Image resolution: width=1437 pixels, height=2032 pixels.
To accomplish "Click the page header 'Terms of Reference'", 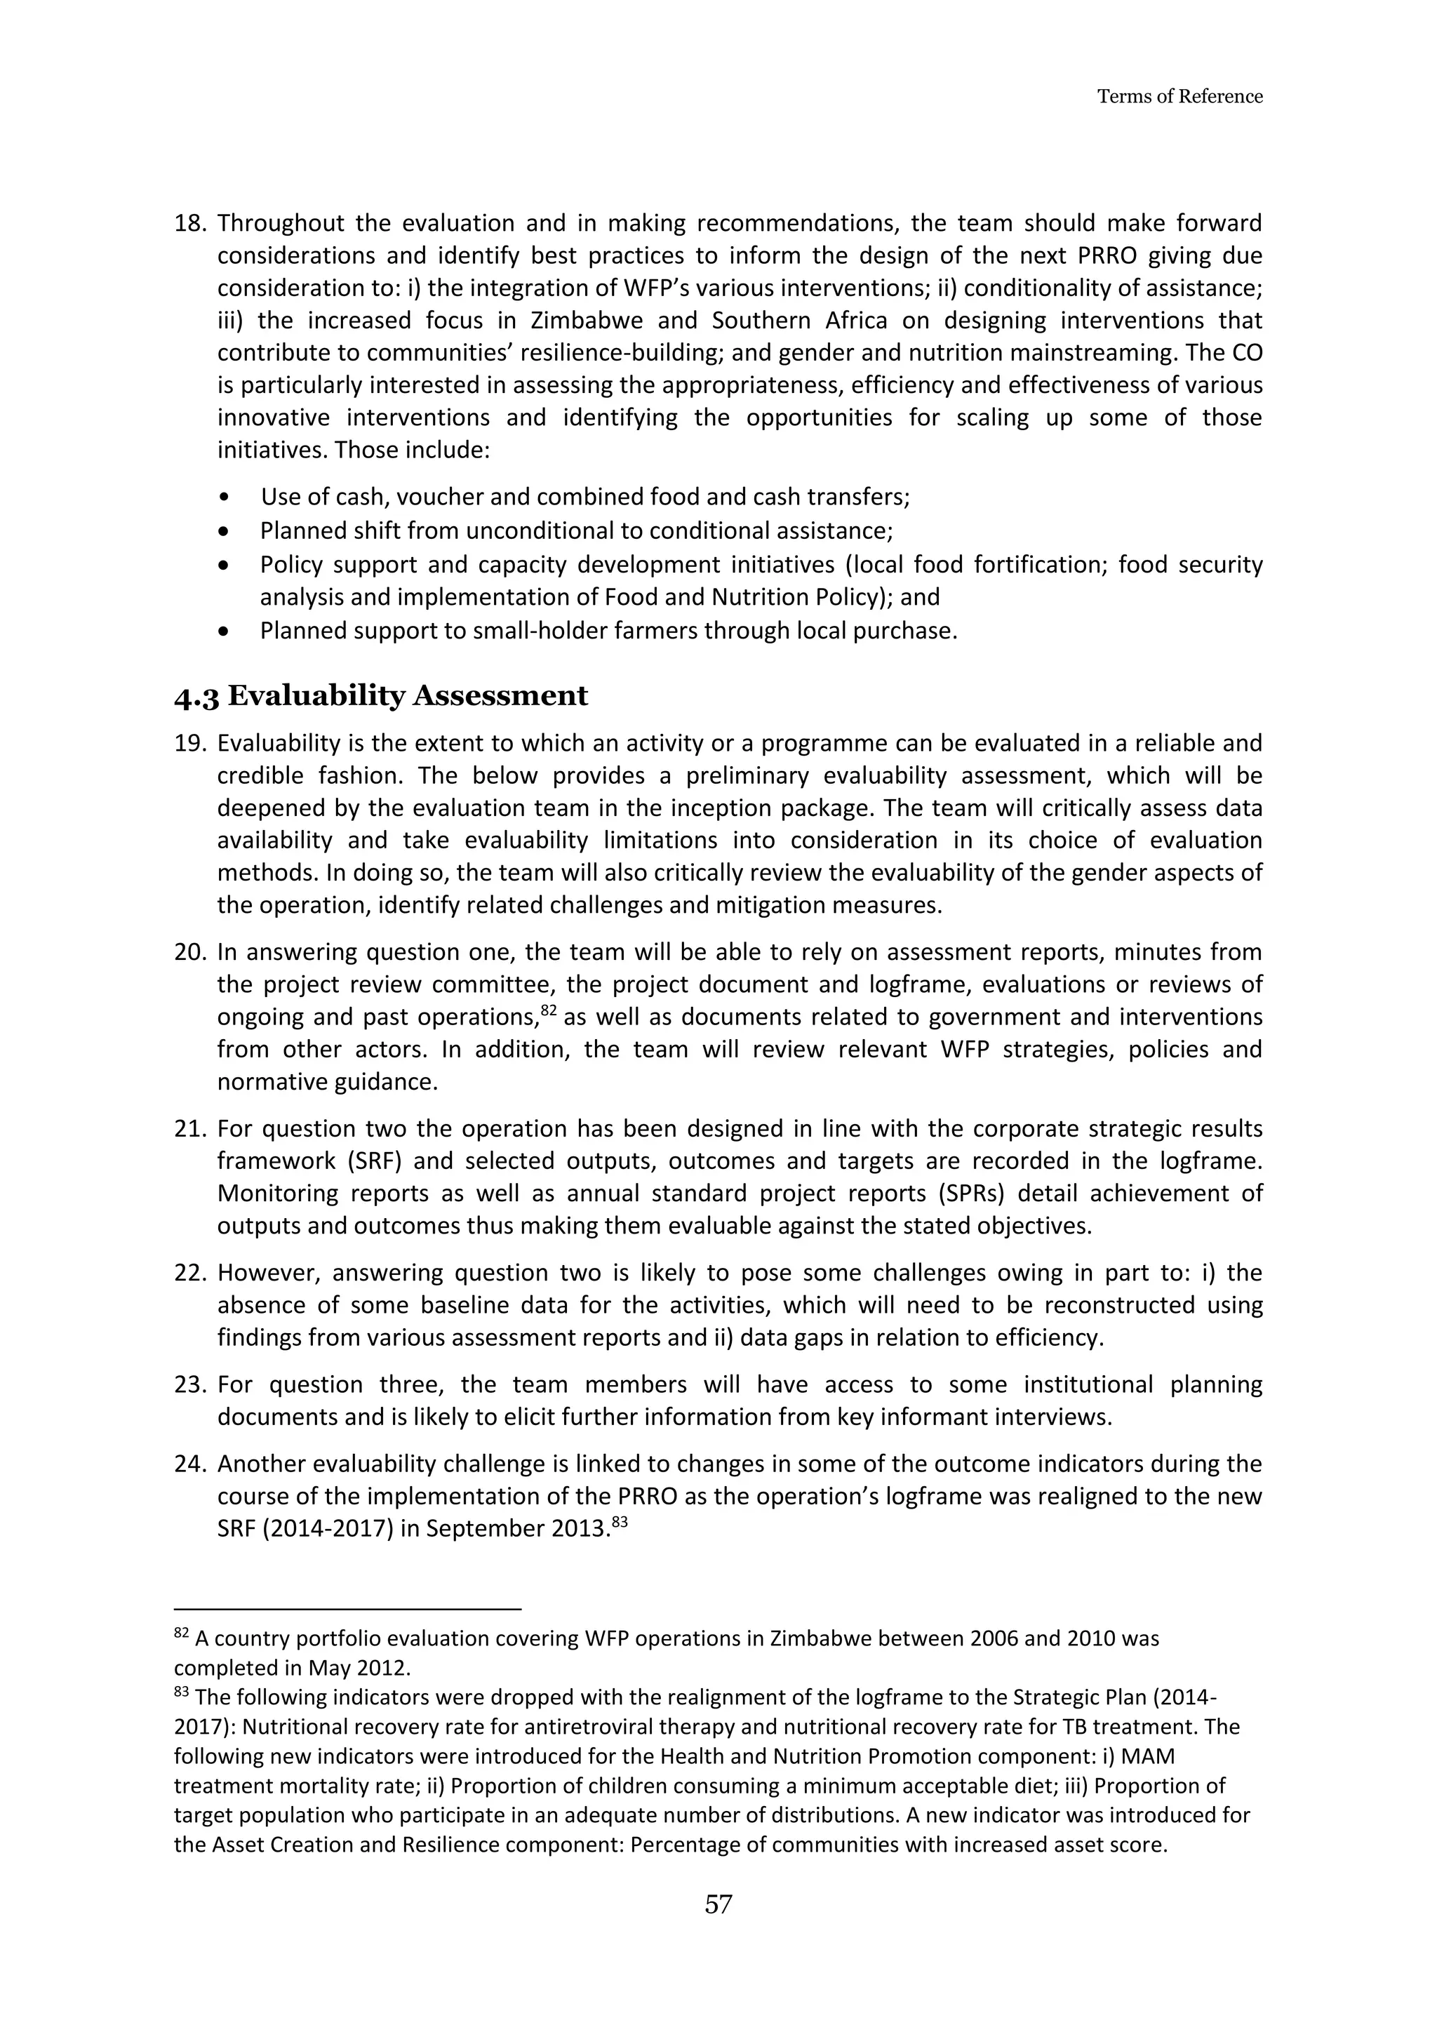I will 1179,96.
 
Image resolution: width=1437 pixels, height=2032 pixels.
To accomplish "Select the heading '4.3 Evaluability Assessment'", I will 380,695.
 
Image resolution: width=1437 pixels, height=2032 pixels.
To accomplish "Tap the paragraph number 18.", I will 189,223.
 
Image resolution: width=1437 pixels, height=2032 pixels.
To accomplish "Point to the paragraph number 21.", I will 189,1129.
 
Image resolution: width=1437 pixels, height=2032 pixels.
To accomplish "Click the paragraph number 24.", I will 189,1464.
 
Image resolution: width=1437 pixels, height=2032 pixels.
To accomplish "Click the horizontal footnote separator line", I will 348,1610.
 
